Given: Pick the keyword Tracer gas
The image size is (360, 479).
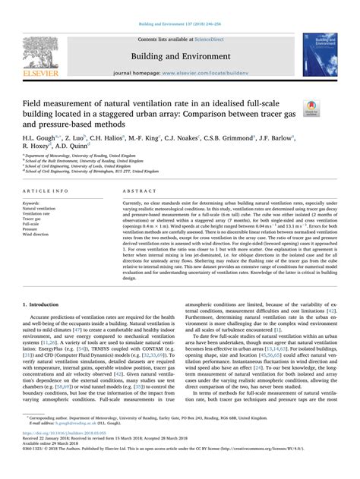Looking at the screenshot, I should pyautogui.click(x=35, y=219).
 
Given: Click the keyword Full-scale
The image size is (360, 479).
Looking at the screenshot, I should pyautogui.click(x=33, y=225).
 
